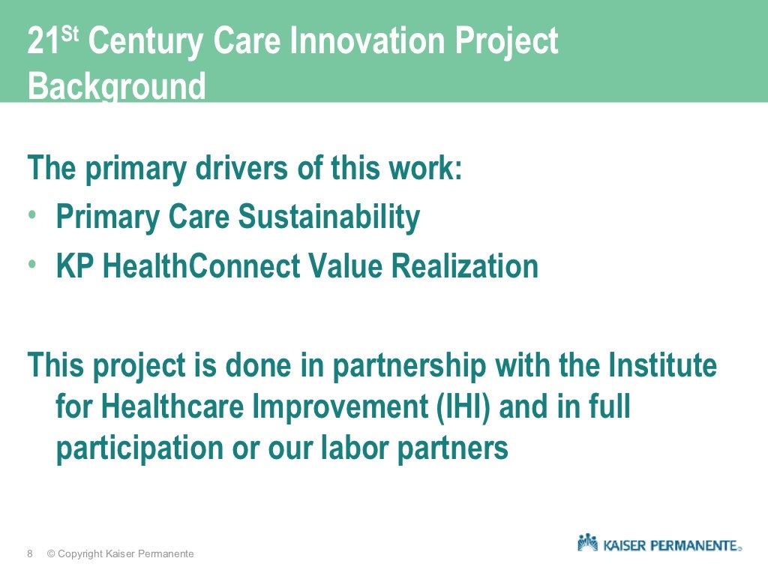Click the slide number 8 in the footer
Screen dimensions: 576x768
[x=30, y=554]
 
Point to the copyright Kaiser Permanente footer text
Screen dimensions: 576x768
[x=120, y=554]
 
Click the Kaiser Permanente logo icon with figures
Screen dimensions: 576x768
[x=587, y=542]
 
